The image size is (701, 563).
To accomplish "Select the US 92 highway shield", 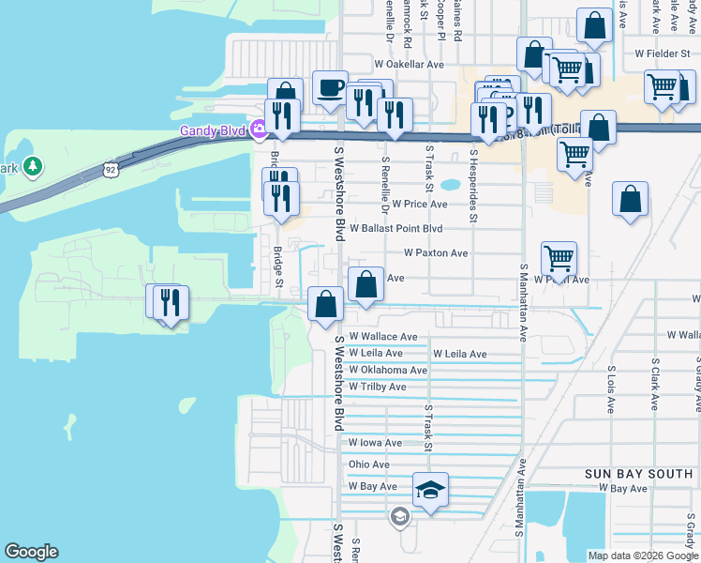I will [110, 170].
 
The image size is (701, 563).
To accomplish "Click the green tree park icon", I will [34, 167].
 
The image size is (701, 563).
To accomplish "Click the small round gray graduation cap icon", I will [400, 516].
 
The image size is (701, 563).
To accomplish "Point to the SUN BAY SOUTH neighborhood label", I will [638, 474].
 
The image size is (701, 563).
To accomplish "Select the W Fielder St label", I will [666, 53].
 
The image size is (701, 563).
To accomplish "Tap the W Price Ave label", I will [420, 204].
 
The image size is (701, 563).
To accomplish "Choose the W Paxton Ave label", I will [436, 253].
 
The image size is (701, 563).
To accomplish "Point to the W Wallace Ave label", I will [382, 336].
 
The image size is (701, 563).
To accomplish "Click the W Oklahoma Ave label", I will [387, 370].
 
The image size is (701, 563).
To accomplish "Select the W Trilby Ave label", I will [377, 387].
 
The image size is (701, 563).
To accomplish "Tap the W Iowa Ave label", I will [375, 443].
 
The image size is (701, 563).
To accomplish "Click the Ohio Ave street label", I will [368, 464].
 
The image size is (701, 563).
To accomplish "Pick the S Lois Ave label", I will [610, 390].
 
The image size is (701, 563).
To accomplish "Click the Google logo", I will [32, 552].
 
